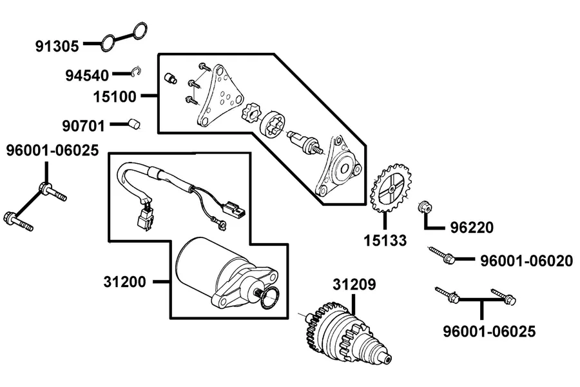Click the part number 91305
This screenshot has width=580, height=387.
point(57,46)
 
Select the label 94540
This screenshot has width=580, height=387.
point(87,75)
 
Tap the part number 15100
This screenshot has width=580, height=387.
point(115,97)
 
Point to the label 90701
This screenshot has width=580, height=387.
point(84,126)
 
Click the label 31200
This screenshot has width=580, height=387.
point(124,282)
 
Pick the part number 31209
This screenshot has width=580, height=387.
point(354,284)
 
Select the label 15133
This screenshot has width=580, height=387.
point(385,241)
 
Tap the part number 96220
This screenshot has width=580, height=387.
point(472,228)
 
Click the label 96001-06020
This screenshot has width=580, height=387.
point(527,261)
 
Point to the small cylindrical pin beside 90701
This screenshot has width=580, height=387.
point(134,124)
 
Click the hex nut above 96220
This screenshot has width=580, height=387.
point(425,208)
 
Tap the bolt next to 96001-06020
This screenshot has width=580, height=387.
point(441,254)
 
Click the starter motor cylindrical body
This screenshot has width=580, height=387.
point(200,265)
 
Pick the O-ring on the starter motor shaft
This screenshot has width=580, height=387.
point(269,298)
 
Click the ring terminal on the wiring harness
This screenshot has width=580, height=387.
point(221,223)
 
